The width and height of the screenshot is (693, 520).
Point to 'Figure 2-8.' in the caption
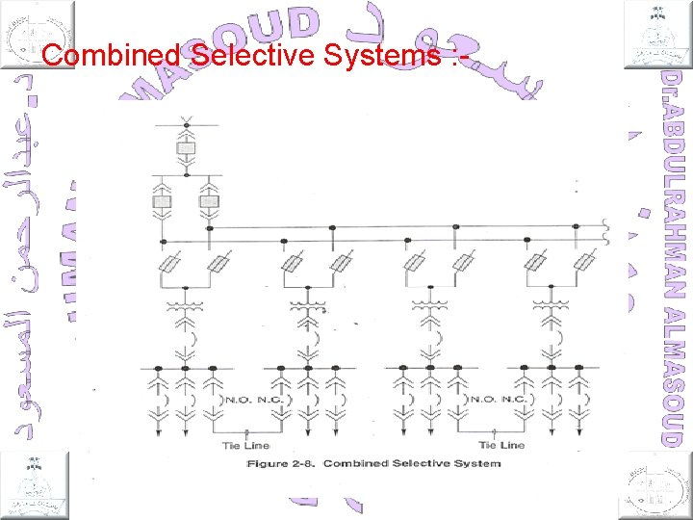tap(281, 464)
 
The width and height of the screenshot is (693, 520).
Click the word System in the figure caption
tap(475, 464)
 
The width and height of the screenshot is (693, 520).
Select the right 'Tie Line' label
tap(501, 445)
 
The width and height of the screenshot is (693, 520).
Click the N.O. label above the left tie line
tap(237, 399)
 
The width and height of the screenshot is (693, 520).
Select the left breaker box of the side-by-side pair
tap(162, 202)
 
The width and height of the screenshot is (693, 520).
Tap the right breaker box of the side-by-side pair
tap(209, 202)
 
